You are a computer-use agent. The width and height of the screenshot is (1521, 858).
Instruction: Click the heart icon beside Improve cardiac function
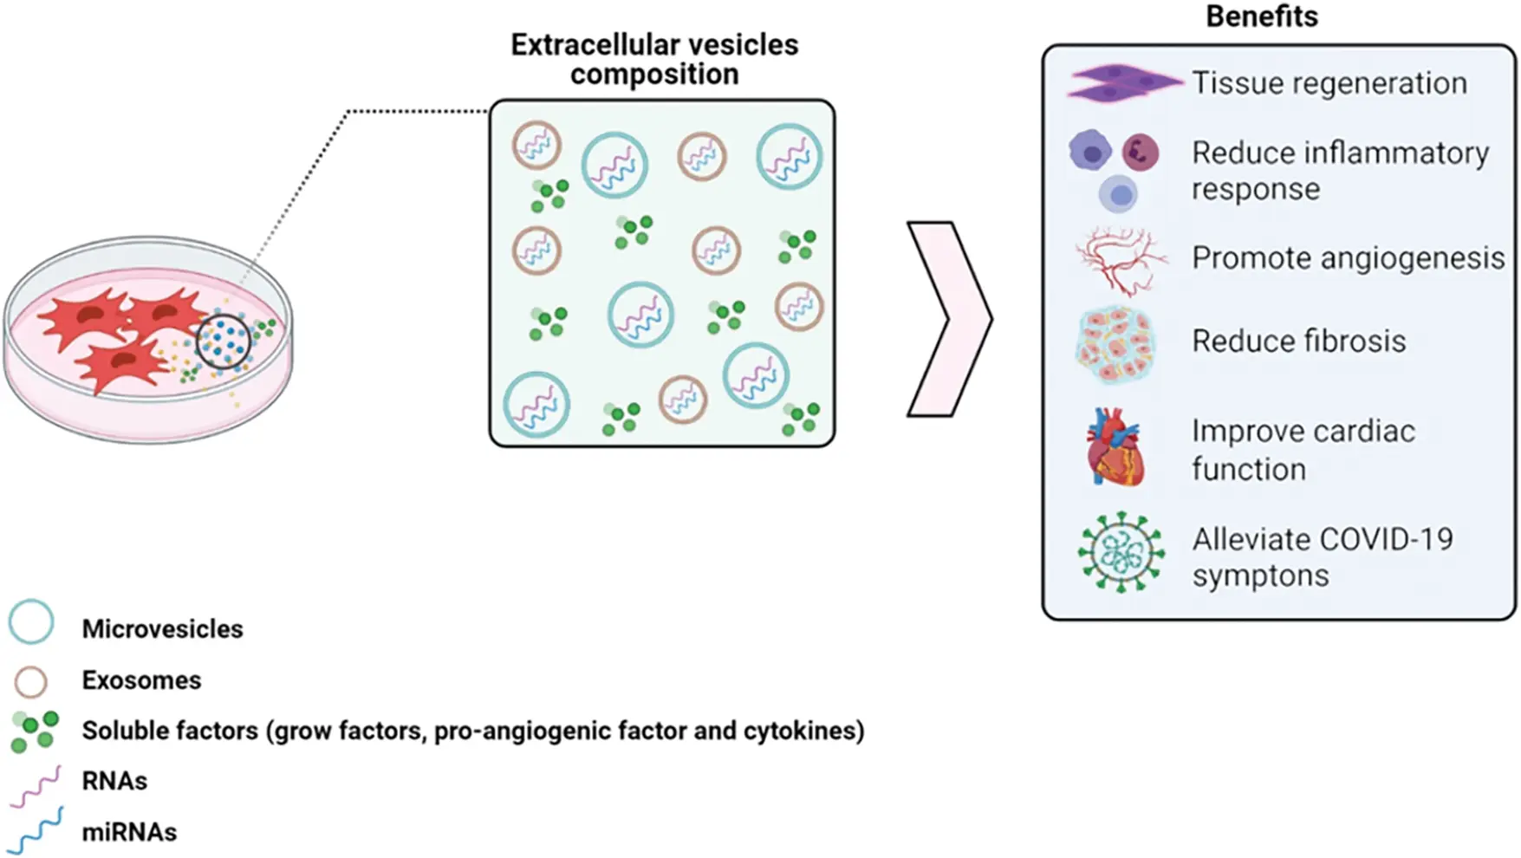coord(1115,448)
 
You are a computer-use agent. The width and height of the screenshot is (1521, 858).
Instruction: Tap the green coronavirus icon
coord(1121,552)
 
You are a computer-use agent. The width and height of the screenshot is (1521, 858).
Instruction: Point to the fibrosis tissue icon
coord(1116,344)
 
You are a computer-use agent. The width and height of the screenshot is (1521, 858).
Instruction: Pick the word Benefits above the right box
coord(1261,16)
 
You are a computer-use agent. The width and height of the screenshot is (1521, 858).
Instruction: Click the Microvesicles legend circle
coord(31,621)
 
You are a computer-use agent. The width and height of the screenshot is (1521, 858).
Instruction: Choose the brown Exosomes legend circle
coord(31,681)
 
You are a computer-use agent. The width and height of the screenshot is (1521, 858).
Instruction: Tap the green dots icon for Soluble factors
coord(35,731)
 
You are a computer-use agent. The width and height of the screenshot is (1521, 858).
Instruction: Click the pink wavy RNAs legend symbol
coord(36,786)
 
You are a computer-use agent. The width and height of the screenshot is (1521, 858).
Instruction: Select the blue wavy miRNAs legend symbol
coord(36,830)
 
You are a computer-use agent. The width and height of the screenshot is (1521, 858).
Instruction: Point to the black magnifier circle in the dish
coord(223,341)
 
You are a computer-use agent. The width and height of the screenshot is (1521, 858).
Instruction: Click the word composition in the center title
coord(653,75)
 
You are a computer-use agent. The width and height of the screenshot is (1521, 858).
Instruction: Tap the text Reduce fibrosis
coord(1298,341)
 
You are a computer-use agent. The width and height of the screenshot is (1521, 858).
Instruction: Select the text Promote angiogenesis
coord(1348,258)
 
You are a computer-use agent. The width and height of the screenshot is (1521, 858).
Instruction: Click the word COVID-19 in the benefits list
coord(1394,539)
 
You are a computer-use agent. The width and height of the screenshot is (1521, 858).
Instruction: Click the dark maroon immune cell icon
coord(1140,153)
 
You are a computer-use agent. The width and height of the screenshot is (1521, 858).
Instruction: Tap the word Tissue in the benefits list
coord(1230,83)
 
